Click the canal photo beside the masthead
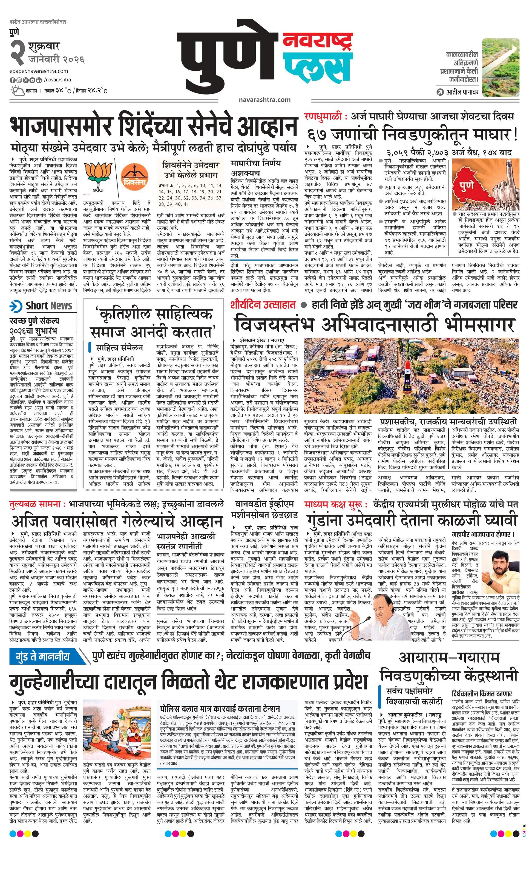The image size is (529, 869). (501, 67)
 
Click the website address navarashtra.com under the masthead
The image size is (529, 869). (264, 99)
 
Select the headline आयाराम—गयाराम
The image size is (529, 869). (449, 658)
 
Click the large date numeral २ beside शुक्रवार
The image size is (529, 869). (17, 52)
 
